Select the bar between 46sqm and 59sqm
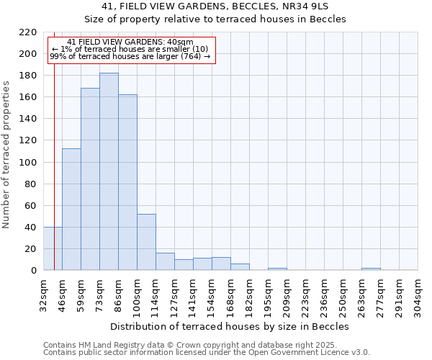pos(71,209)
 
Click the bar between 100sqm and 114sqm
pos(146,242)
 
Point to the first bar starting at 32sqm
pos(53,248)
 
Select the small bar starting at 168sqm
pos(240,267)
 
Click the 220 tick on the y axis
pos(28,32)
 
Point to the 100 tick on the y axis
pos(28,163)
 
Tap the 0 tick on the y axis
pos(34,271)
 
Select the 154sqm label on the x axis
pos(212,295)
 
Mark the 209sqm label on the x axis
pos(287,295)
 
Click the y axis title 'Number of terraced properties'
pos(6,155)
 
